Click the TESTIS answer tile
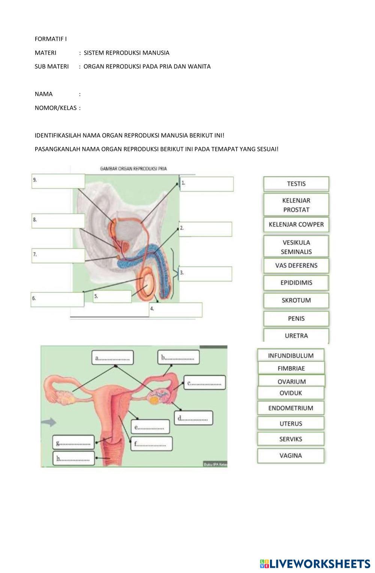296,184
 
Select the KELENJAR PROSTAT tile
296,205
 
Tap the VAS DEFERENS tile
296,265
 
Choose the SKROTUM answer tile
296,300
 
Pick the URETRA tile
296,335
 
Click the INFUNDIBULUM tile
291,355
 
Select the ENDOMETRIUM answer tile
291,408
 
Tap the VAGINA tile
291,455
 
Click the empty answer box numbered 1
207,184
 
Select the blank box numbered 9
58,181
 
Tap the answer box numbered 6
57,299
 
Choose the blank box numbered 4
176,310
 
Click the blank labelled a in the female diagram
112,358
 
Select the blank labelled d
194,418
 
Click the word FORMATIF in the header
48,39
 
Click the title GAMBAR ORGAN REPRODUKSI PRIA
133,169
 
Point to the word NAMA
43,94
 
